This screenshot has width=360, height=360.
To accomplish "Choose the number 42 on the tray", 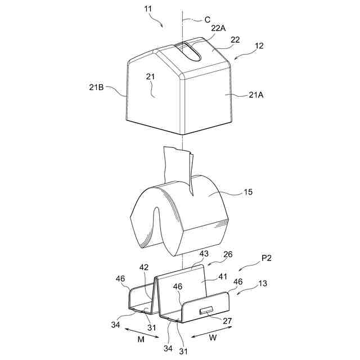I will click(143, 268).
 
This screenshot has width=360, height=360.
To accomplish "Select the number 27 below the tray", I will click(228, 322).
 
